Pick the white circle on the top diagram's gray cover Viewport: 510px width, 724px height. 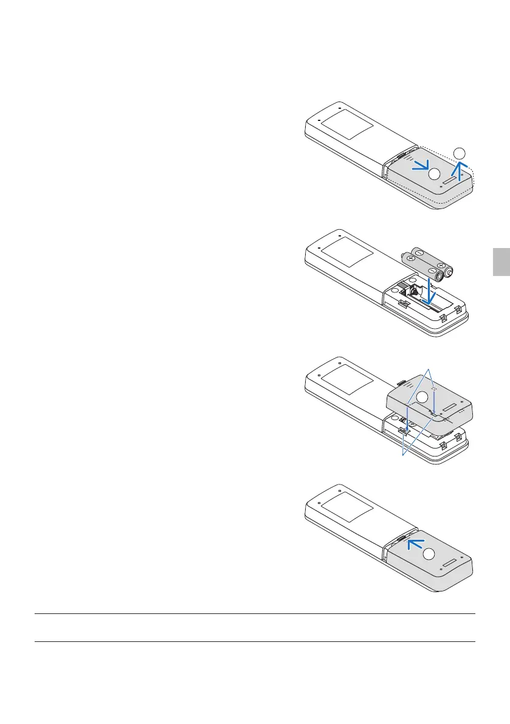[433, 174]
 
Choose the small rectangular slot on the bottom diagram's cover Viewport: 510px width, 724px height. [452, 559]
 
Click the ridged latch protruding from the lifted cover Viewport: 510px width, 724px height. [403, 384]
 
